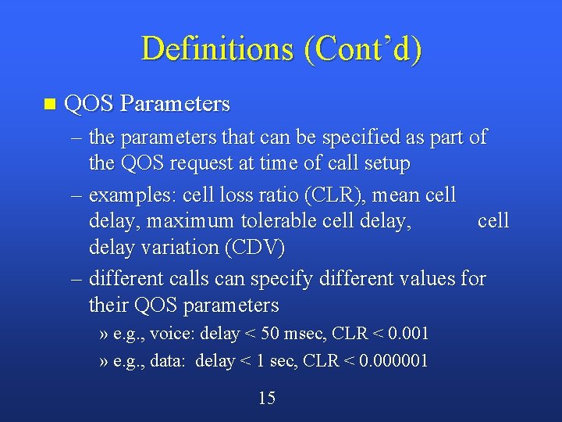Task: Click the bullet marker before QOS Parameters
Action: coord(51,104)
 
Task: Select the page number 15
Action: coord(266,399)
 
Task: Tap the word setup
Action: coord(382,164)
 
